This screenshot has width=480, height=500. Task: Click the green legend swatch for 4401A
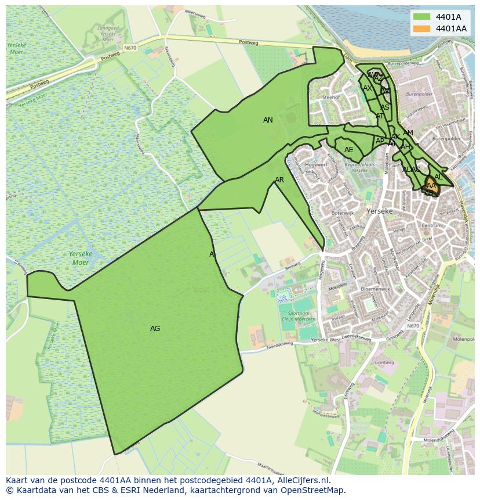421,17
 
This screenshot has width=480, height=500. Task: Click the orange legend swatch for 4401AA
421,28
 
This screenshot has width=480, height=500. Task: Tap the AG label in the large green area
155,329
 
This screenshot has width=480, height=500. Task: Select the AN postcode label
268,120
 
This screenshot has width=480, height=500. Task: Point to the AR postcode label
279,180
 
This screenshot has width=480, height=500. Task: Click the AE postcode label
348,150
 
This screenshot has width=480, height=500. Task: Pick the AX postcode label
368,88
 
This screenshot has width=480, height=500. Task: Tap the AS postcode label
385,107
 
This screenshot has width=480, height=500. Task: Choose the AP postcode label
380,141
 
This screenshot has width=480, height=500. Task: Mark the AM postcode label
408,133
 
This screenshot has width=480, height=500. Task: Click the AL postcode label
438,177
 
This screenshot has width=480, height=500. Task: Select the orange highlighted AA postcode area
431,186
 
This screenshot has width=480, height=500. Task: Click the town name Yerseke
380,211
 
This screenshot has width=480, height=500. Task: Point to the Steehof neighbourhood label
330,98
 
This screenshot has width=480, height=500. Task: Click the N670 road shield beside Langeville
413,326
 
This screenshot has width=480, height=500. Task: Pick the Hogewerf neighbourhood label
316,165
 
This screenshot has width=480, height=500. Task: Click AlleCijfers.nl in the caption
298,480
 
